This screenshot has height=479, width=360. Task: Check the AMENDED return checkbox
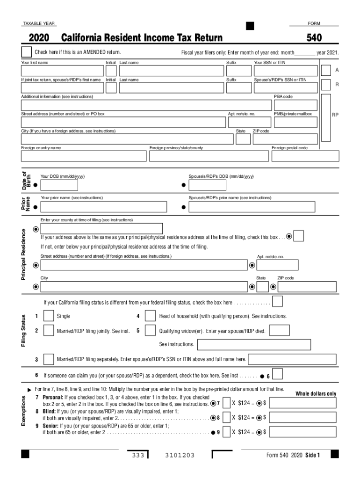[26, 52]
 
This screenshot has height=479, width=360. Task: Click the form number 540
[314, 38]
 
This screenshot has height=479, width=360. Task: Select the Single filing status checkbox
[48, 317]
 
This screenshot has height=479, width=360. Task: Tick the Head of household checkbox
[150, 317]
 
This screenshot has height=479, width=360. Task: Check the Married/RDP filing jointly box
[48, 331]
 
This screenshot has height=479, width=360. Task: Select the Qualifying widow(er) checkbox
[150, 331]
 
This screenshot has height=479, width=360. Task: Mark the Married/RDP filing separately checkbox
[48, 359]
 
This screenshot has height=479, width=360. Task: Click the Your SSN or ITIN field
[285, 71]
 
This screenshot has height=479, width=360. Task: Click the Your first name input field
[62, 71]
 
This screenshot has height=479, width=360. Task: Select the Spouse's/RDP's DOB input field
[207, 185]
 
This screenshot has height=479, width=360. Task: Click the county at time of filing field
[101, 229]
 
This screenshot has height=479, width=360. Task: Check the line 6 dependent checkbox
[278, 374]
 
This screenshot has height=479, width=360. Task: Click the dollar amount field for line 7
[302, 403]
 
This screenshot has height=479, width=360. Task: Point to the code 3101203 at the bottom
[180, 456]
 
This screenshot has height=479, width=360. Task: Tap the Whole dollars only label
[316, 394]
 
